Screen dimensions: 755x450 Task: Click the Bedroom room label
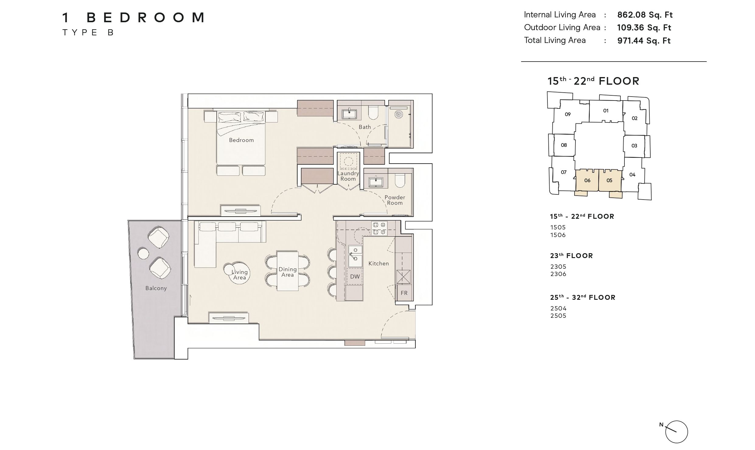[241, 140]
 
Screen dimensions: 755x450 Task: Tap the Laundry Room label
[348, 176]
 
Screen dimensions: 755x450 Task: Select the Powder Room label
[395, 200]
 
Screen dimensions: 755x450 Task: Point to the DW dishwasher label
[355, 277]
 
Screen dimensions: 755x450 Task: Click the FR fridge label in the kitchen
[404, 293]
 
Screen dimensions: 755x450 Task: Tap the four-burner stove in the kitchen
[379, 229]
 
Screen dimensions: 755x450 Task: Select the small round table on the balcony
[143, 253]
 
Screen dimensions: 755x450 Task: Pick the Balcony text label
[156, 288]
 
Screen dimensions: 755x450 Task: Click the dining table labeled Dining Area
[287, 271]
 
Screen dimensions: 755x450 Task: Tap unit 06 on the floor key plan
[587, 180]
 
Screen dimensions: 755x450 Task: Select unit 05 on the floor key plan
[610, 180]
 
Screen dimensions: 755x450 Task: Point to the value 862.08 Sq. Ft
[645, 15]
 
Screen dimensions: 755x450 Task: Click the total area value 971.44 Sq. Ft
[644, 41]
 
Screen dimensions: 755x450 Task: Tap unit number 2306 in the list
[558, 274]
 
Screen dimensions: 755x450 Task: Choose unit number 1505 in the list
[558, 227]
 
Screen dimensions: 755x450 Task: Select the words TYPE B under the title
[88, 33]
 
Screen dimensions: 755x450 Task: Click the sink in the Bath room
[349, 114]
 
